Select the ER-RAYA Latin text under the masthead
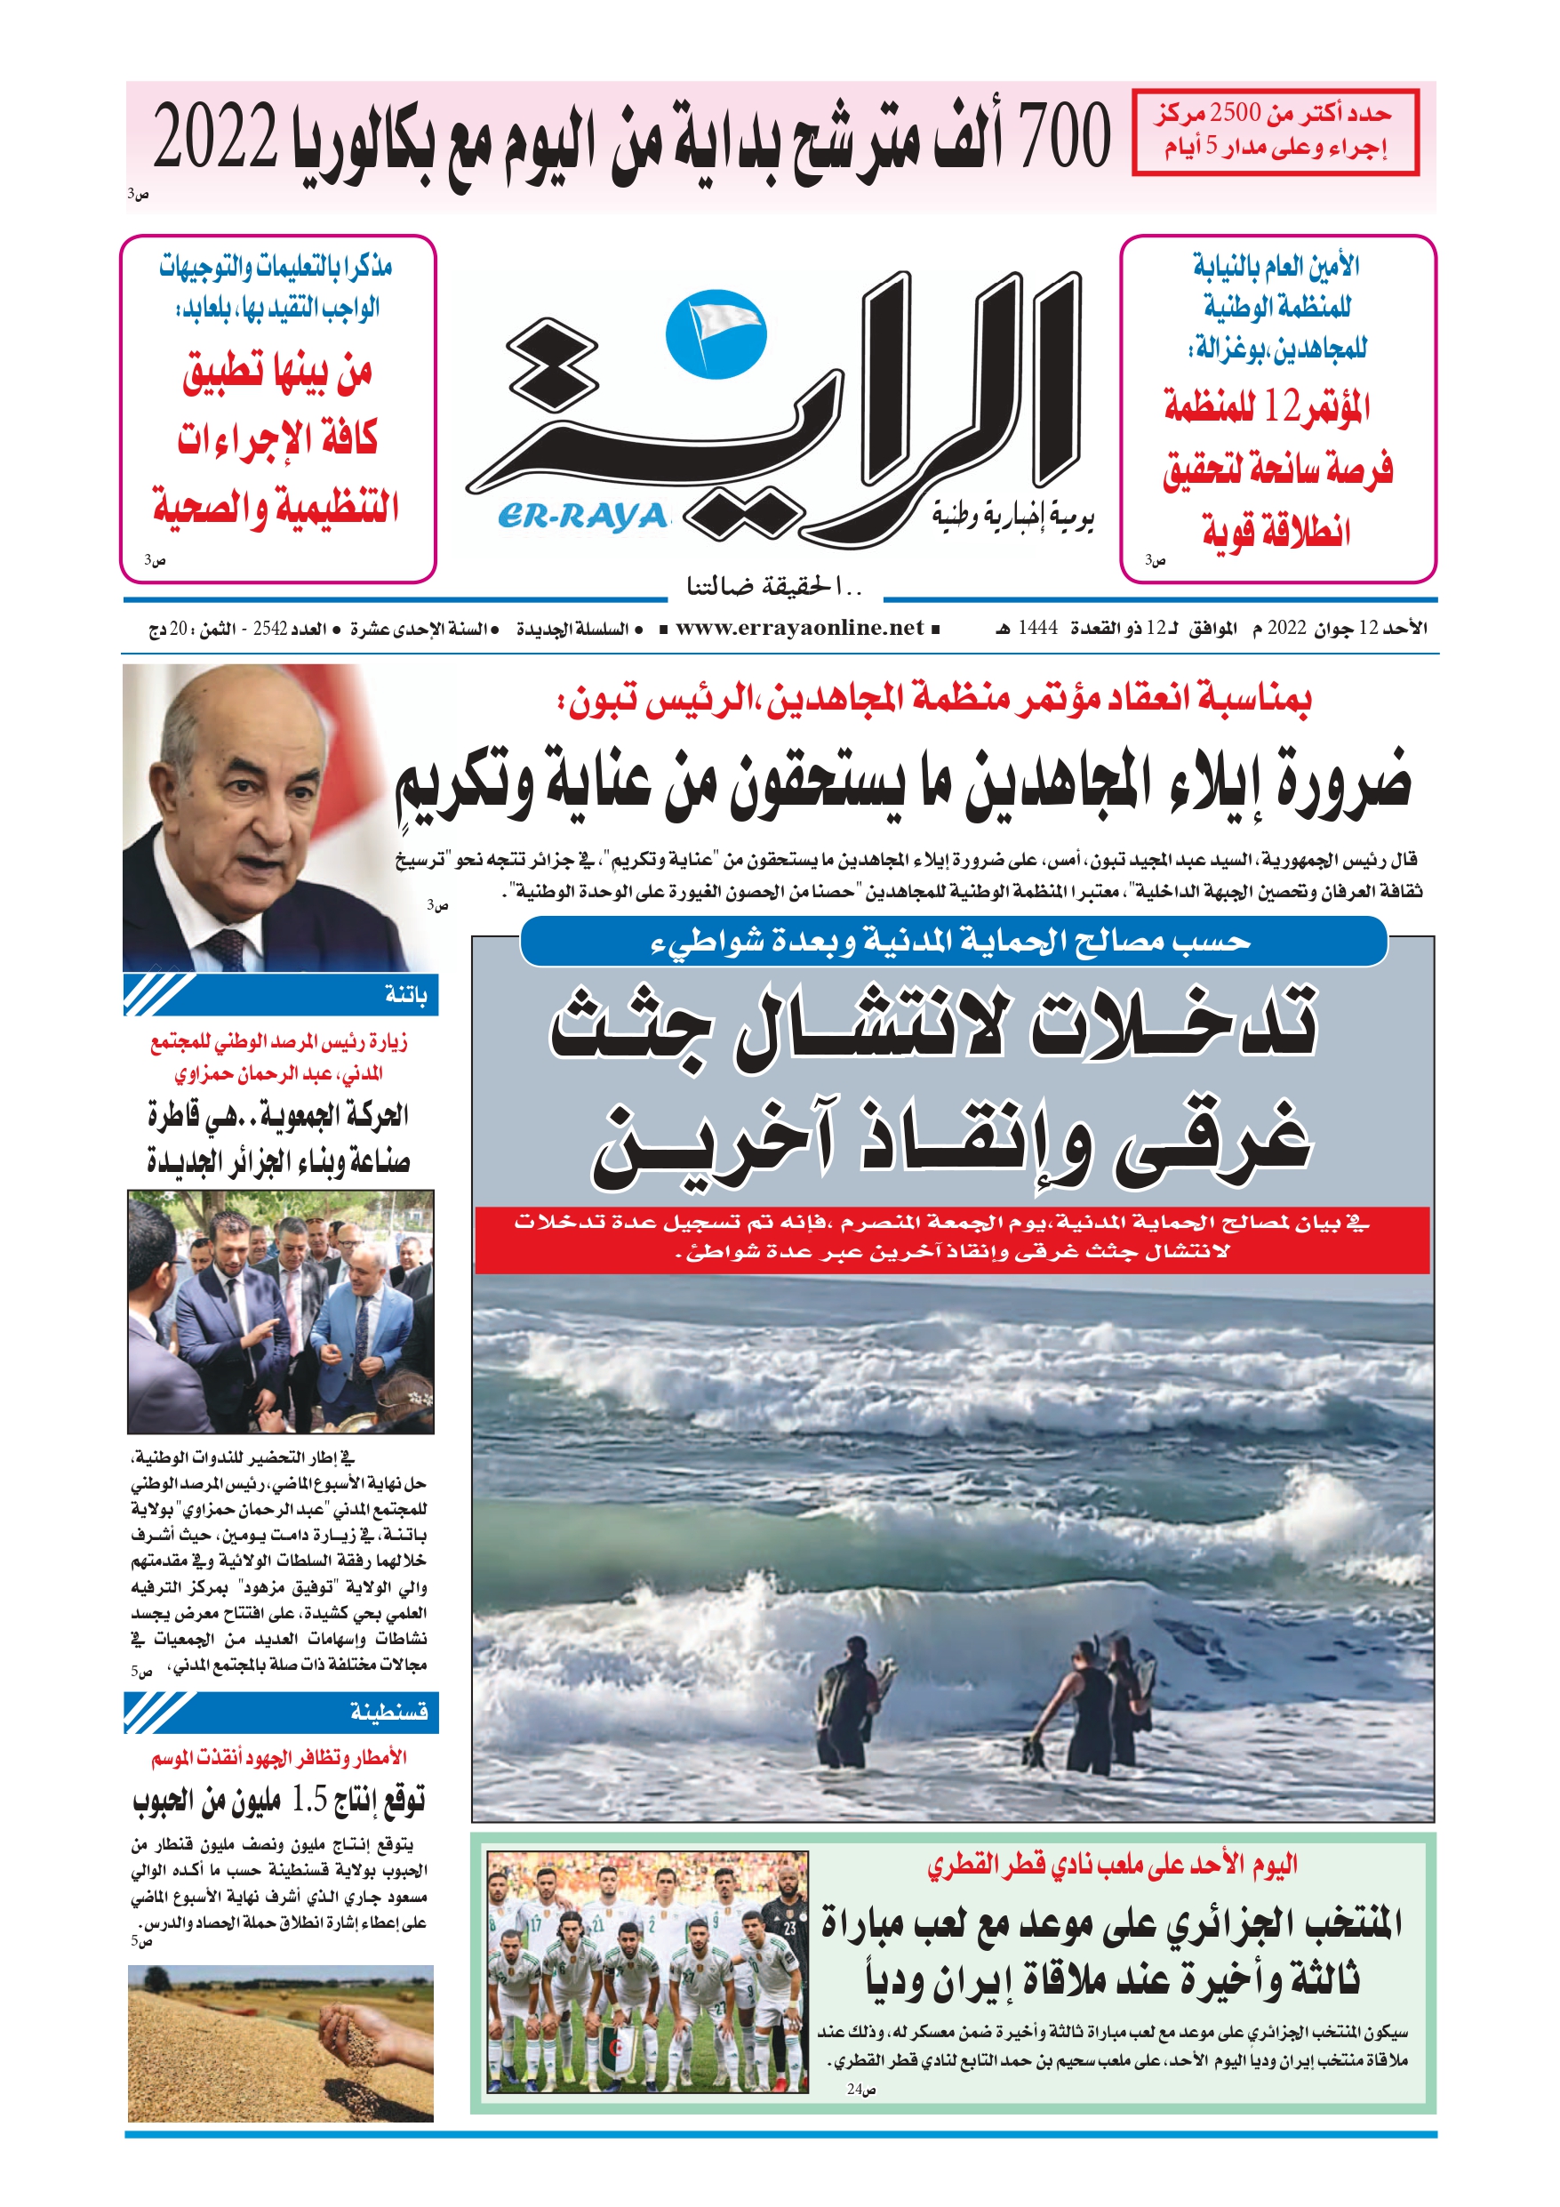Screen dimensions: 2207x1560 582,518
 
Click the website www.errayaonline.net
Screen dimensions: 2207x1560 799,629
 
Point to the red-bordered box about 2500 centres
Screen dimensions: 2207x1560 1275,132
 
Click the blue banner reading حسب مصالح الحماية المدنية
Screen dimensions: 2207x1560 953,942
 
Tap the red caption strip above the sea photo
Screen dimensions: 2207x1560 952,1239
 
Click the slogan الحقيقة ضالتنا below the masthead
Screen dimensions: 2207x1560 775,584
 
